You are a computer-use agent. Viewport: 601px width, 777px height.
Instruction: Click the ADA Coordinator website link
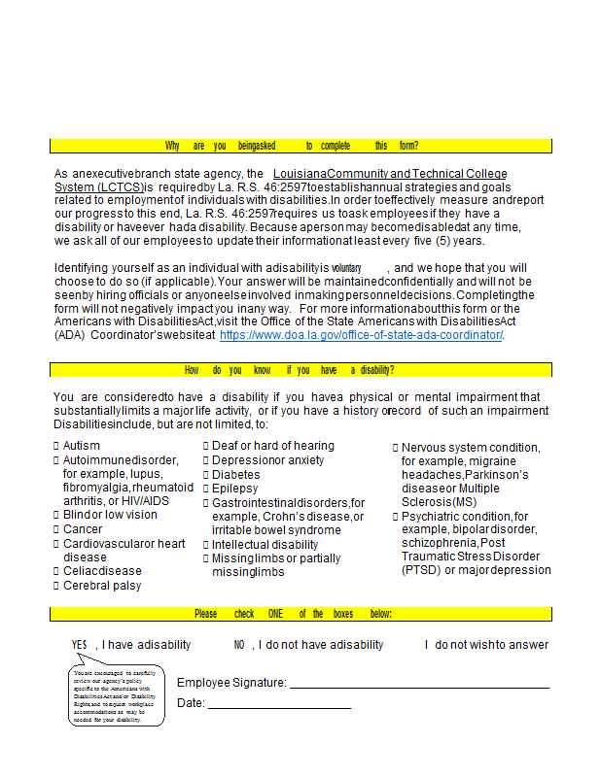tap(362, 335)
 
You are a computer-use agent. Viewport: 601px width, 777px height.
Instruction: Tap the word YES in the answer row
tap(80, 645)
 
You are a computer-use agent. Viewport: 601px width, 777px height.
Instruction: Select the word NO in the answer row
tap(239, 645)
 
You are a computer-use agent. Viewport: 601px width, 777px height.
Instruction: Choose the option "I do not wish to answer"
tap(486, 645)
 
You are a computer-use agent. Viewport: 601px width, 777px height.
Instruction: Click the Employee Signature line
tap(419, 686)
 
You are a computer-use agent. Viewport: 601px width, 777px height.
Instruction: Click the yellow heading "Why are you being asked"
tap(292, 146)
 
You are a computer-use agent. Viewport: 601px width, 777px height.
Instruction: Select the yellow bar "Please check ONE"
tap(293, 614)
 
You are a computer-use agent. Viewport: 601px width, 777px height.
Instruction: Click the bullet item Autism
tap(82, 446)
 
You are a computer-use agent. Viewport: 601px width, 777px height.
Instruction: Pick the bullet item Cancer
tap(83, 529)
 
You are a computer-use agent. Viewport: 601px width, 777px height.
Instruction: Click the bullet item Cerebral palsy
tap(102, 586)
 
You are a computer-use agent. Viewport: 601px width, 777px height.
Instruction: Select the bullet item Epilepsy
tap(235, 489)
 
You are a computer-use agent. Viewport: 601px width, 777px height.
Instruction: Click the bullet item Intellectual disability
tap(267, 545)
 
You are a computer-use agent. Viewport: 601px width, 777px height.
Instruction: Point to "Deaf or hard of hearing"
tap(273, 446)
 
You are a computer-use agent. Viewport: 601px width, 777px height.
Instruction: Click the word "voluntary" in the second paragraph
tap(346, 268)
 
